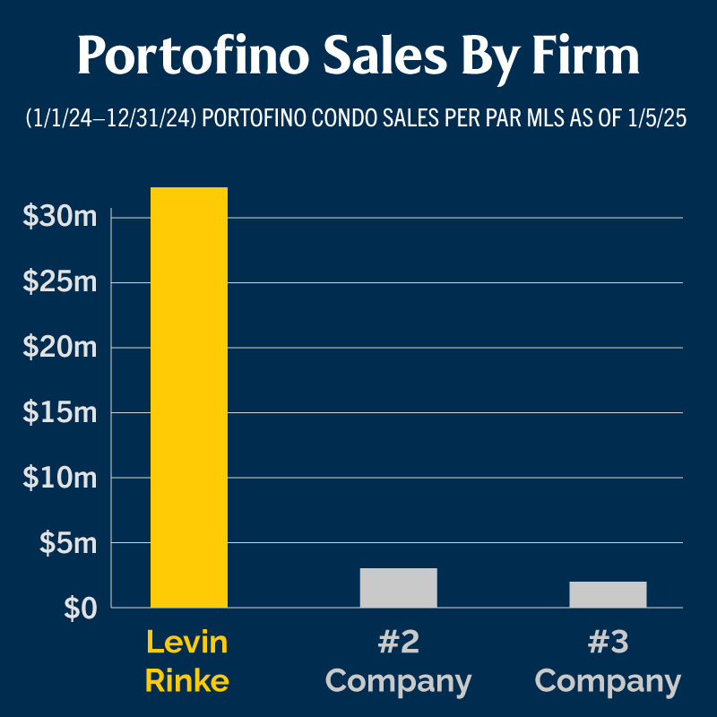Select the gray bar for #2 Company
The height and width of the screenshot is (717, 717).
(398, 588)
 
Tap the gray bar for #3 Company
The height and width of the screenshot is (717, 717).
(608, 594)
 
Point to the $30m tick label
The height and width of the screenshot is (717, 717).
(60, 217)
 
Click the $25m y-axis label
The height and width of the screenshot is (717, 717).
(60, 282)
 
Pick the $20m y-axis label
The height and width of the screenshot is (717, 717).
(60, 348)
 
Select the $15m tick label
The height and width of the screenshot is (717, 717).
(60, 413)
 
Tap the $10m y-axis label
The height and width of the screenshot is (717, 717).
(60, 478)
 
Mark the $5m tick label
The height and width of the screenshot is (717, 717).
(67, 543)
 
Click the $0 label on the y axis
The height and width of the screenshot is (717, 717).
(80, 609)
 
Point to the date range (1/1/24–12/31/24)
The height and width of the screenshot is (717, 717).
(112, 119)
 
